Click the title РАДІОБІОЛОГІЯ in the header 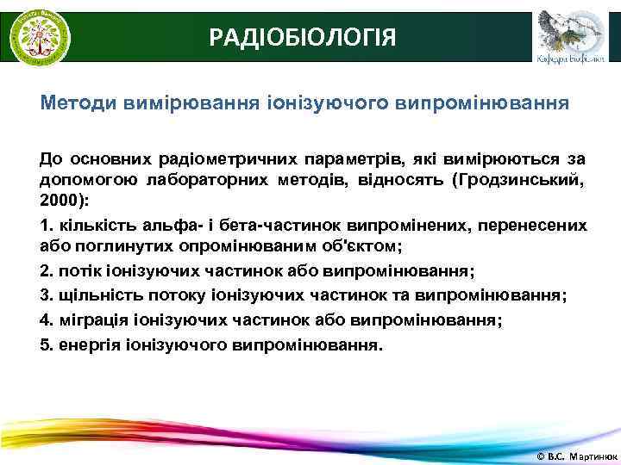point(303,37)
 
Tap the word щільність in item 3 point(94,294)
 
